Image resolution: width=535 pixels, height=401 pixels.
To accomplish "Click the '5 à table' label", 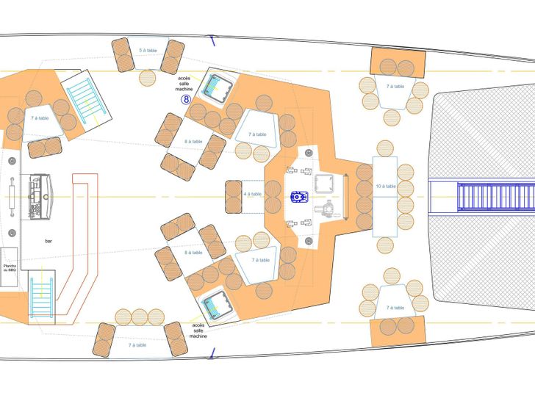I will pos(148,51).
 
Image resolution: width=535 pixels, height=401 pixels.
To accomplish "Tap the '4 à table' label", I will pos(252,194).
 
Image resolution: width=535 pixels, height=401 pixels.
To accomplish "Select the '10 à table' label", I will pos(385,187).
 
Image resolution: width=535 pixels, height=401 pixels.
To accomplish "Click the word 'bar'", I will pos(49,241).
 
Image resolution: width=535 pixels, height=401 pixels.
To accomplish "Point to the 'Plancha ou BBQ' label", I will pos(10,269).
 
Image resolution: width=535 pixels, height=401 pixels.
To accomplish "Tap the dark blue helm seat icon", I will pos(299,196).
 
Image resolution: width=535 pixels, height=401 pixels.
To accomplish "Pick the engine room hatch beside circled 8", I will pos(218,88).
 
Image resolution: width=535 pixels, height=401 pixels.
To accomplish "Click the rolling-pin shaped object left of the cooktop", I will pos(12,196).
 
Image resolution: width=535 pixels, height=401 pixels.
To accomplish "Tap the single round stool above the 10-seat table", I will pos(385,148).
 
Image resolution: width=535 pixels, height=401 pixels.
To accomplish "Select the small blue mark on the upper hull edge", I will pos(212,37).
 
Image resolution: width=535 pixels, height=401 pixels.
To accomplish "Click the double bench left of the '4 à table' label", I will pos(231,197).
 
